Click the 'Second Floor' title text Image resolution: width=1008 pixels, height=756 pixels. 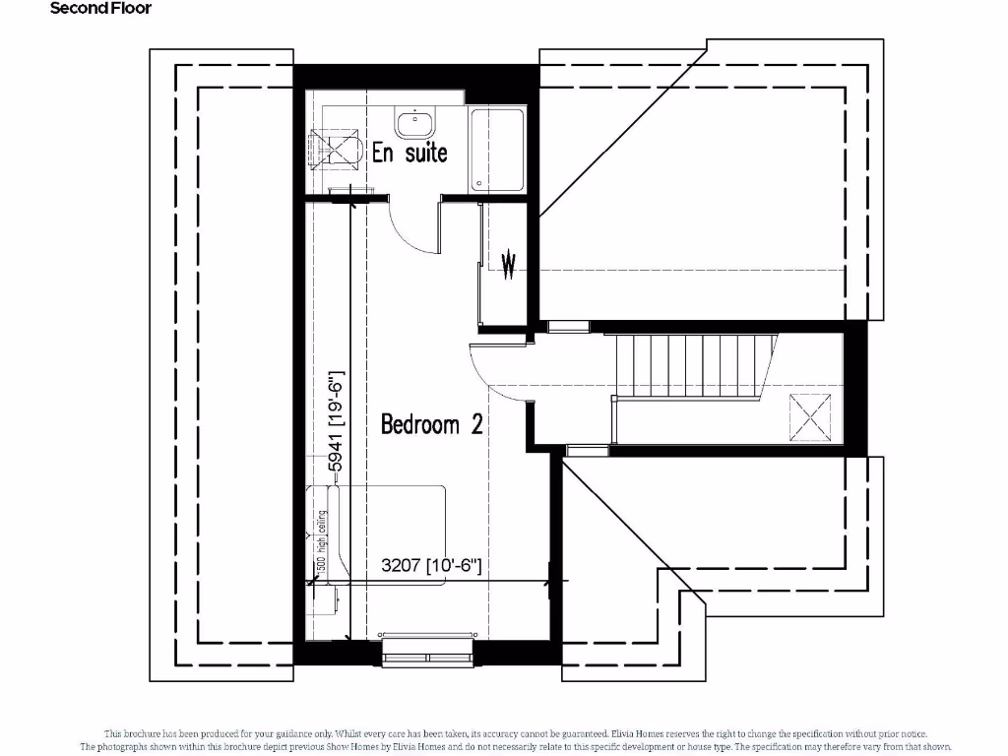tap(101, 8)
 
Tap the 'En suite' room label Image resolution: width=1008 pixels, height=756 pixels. tap(409, 153)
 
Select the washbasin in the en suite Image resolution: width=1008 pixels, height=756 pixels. tap(416, 123)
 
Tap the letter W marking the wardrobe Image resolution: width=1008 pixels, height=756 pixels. tap(509, 265)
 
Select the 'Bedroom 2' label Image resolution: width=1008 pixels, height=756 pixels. tap(431, 424)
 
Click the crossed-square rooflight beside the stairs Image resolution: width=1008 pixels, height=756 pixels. tap(813, 416)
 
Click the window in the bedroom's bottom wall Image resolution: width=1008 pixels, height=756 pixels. tap(427, 650)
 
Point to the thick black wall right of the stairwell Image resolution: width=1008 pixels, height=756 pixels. tap(856, 389)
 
